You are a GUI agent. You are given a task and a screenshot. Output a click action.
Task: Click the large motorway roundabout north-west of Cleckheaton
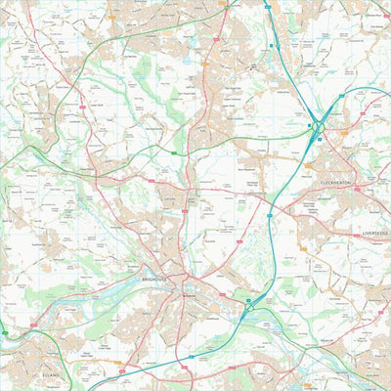(x=319, y=126)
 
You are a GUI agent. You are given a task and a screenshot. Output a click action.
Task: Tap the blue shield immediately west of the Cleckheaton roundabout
(x=306, y=125)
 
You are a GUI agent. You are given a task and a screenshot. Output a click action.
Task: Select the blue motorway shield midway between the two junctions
(x=270, y=214)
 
